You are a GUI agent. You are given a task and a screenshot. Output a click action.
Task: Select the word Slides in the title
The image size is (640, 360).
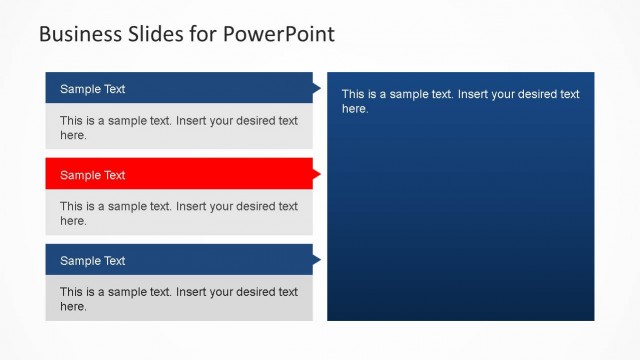(155, 34)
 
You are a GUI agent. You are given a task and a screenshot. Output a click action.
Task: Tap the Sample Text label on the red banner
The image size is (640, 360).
(92, 175)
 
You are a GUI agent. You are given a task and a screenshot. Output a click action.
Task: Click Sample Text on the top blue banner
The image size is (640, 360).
(92, 89)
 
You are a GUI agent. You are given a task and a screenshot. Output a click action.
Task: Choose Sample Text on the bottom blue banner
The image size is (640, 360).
(92, 261)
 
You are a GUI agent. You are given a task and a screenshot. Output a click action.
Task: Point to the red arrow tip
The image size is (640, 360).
(317, 175)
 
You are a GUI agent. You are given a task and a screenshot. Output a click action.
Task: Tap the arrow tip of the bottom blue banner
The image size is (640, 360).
(317, 261)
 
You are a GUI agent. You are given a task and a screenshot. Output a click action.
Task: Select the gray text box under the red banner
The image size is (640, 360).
(179, 213)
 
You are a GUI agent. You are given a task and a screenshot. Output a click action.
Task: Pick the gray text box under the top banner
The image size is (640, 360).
(179, 128)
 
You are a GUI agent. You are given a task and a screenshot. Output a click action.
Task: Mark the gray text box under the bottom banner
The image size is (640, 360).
(179, 299)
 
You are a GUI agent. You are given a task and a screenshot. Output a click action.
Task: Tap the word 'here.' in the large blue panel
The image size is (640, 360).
(356, 109)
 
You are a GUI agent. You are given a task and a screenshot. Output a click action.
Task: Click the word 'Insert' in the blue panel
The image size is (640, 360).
(475, 94)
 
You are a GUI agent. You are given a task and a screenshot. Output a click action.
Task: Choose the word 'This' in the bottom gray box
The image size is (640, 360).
(71, 292)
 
